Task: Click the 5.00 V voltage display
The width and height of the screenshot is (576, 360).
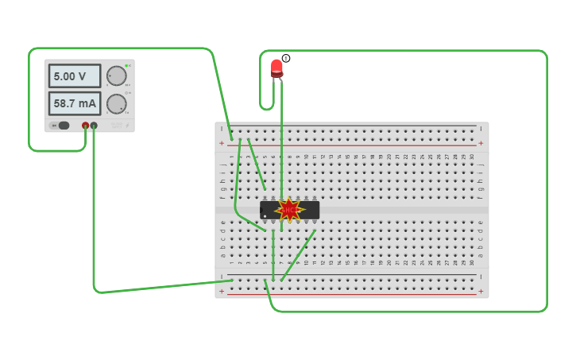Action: [74, 76]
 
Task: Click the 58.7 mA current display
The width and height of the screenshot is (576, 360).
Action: [74, 103]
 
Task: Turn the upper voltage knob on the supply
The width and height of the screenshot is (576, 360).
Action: [117, 75]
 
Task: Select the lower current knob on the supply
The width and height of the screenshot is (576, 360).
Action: [117, 104]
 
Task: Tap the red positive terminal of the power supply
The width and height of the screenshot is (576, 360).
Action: [85, 126]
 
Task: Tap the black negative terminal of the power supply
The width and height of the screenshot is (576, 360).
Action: [94, 126]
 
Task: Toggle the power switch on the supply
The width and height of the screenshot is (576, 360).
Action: [61, 126]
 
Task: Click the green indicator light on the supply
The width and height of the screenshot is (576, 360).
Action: [126, 65]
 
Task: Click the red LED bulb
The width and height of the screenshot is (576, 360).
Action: [276, 68]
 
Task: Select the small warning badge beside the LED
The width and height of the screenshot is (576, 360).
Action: [286, 58]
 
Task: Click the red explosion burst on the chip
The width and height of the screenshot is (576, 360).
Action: [289, 210]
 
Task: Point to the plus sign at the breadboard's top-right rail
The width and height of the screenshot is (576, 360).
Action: [480, 143]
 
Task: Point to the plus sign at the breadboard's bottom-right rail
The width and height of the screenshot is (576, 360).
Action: [480, 292]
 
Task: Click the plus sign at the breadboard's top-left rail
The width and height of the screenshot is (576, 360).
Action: [222, 143]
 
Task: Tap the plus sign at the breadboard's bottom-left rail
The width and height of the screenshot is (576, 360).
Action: [222, 292]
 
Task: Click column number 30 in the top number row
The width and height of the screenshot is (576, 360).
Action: [472, 157]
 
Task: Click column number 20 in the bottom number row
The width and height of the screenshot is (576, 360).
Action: [389, 263]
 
